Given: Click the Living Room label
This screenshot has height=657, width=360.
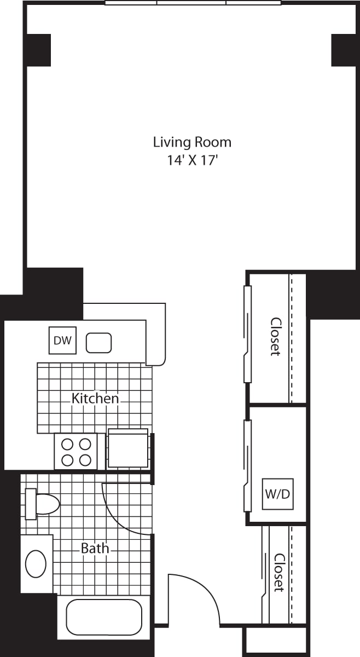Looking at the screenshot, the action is tap(193, 142).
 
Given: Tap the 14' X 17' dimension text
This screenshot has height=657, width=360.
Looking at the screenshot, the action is tap(193, 160).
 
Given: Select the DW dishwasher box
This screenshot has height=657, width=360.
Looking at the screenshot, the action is tap(62, 340).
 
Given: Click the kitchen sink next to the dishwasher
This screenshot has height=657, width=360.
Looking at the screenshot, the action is tap(99, 343).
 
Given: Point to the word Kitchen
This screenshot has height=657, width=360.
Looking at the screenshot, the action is tap(95, 399).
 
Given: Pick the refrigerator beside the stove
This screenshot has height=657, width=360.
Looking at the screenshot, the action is tap(128, 448).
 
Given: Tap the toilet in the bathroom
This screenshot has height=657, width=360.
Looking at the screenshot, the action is tap(42, 504).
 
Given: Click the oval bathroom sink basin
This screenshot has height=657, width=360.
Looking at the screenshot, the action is tap(36, 564).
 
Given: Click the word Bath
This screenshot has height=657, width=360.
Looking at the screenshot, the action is tap(95, 548).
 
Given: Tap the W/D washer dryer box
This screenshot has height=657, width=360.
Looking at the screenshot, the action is tap(277, 494).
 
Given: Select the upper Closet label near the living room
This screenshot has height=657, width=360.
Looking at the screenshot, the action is tap(276, 336).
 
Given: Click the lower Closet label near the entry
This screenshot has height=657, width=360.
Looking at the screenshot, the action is tap(279, 573).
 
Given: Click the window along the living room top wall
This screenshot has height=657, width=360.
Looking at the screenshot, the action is tap(193, 3).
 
